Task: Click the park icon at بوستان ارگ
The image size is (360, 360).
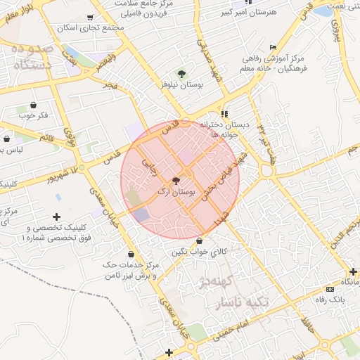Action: coord(176,181)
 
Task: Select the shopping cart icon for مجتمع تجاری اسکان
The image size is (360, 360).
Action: coord(90,18)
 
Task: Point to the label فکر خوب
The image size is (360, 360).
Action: coord(34,115)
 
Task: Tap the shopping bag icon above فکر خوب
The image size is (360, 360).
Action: coord(33,105)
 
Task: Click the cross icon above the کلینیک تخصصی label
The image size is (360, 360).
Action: coord(57,217)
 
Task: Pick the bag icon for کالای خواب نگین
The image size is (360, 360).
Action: coord(200,241)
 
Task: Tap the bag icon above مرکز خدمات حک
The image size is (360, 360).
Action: coord(131,254)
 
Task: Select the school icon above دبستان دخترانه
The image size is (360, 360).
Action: coord(224,113)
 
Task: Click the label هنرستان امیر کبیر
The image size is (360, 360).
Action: coord(248,12)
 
